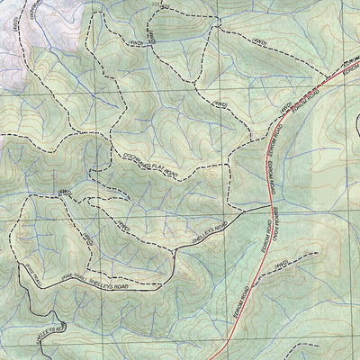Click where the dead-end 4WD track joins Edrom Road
(x=255, y=278)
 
